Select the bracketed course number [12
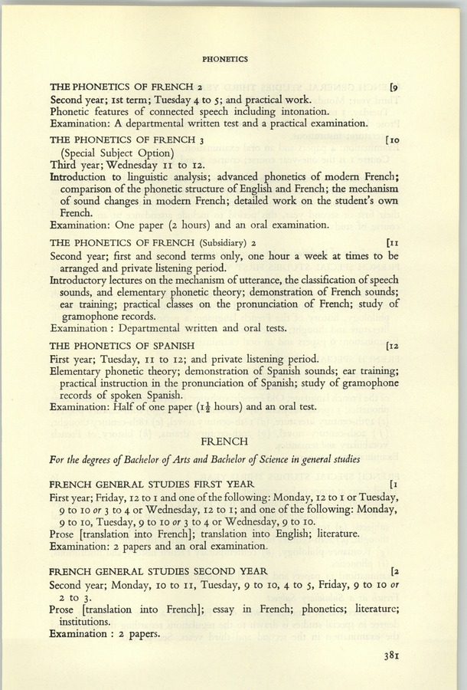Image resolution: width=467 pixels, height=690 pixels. tap(395, 345)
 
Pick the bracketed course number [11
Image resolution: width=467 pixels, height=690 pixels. tap(395, 243)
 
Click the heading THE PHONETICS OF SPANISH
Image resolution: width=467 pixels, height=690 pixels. tap(121, 345)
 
